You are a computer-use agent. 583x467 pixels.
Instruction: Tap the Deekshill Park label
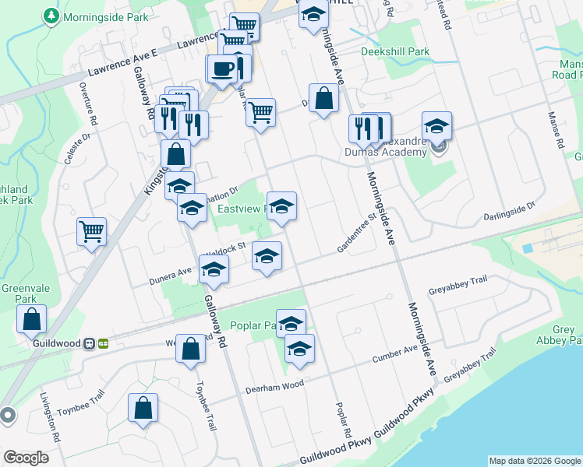(395, 52)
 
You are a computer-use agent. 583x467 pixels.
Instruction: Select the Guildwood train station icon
(90, 342)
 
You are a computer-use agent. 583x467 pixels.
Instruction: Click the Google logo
(26, 457)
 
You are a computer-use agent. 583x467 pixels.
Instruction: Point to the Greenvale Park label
(26, 293)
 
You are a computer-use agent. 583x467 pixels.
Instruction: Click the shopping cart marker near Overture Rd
(92, 230)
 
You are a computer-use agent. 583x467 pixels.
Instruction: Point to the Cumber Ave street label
(394, 355)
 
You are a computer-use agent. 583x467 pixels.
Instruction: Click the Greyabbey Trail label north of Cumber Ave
(457, 290)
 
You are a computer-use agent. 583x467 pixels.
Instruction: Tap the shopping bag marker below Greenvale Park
(31, 319)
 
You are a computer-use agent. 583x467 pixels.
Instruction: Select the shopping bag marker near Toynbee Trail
(143, 408)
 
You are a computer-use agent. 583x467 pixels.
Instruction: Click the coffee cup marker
(221, 68)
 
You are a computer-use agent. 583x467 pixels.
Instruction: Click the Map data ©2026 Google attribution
(535, 461)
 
